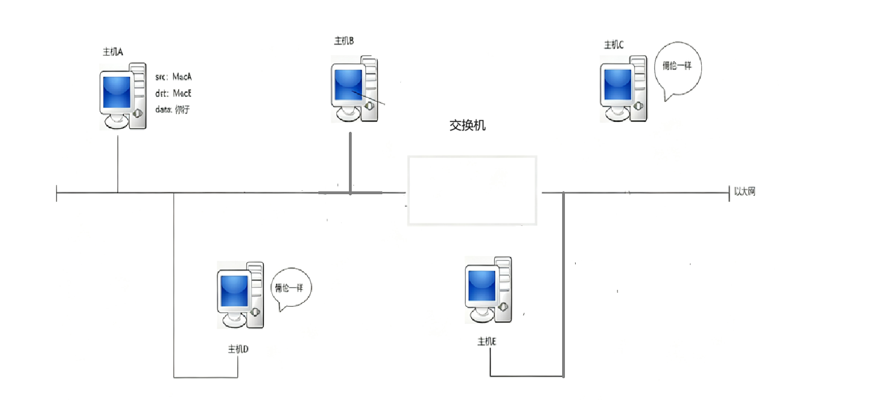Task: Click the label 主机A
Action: pyautogui.click(x=113, y=52)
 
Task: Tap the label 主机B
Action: pyautogui.click(x=344, y=40)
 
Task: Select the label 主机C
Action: pyautogui.click(x=614, y=45)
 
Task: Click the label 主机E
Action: pyautogui.click(x=486, y=341)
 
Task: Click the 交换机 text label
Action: pyautogui.click(x=467, y=126)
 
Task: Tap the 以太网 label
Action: pyautogui.click(x=744, y=192)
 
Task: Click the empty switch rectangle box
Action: pyautogui.click(x=472, y=191)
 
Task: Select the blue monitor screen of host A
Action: pyautogui.click(x=117, y=92)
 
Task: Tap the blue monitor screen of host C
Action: pyautogui.click(x=617, y=85)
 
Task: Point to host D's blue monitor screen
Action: pyautogui.click(x=234, y=292)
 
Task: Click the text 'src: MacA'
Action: pyautogui.click(x=174, y=77)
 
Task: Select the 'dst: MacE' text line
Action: pyautogui.click(x=174, y=93)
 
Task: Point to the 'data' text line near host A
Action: pyautogui.click(x=172, y=110)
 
